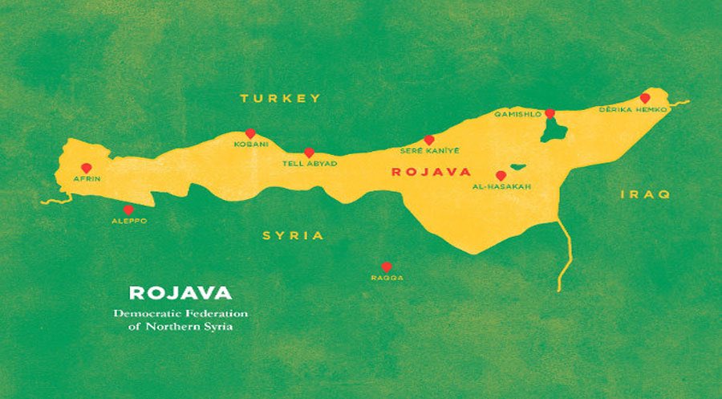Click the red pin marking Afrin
pyautogui.click(x=86, y=169)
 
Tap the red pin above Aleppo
pyautogui.click(x=128, y=210)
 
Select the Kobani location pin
pyautogui.click(x=250, y=134)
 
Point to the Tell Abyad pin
pyautogui.click(x=309, y=153)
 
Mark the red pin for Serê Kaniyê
pyautogui.click(x=429, y=140)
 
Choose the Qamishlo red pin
pyautogui.click(x=550, y=114)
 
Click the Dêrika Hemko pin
pyautogui.click(x=644, y=98)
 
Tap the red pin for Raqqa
pyautogui.click(x=386, y=267)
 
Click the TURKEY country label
pyautogui.click(x=281, y=98)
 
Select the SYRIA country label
pyautogui.click(x=293, y=235)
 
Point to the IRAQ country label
pyautogui.click(x=646, y=194)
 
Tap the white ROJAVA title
pyautogui.click(x=180, y=292)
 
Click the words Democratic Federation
pyautogui.click(x=180, y=312)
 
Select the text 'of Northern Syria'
pyautogui.click(x=180, y=327)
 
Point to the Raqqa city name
pyautogui.click(x=387, y=278)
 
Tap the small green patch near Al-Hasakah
pyautogui.click(x=518, y=168)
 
